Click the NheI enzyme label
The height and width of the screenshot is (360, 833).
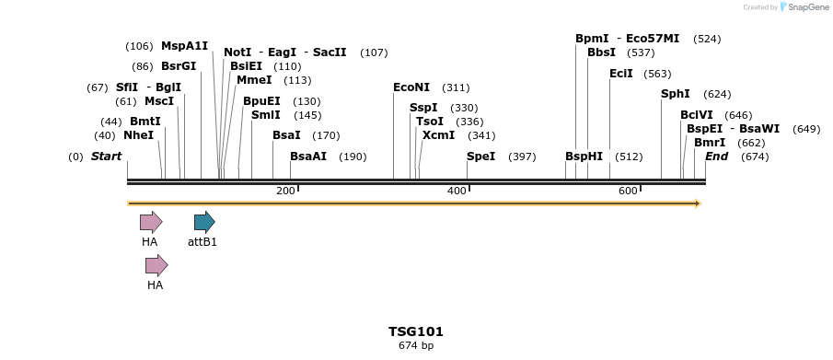click(x=138, y=135)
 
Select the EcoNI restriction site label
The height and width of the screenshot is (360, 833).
click(x=411, y=87)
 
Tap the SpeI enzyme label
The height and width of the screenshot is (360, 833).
click(x=480, y=157)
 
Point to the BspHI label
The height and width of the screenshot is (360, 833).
click(x=584, y=157)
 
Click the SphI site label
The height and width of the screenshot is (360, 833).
click(x=676, y=94)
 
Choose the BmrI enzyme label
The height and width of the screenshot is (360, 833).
click(x=710, y=143)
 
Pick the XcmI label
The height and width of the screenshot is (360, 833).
click(x=438, y=135)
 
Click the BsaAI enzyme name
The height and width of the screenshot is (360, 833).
click(x=308, y=157)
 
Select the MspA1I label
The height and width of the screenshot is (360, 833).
click(x=184, y=46)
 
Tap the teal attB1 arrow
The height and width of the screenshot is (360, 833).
click(x=204, y=222)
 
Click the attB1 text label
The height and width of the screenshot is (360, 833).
click(x=202, y=242)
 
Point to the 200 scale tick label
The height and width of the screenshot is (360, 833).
click(x=285, y=191)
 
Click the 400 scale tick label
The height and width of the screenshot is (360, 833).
click(x=457, y=191)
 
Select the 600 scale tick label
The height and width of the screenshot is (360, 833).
click(x=628, y=191)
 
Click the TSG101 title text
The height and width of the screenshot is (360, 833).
click(x=416, y=331)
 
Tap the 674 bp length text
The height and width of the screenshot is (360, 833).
click(x=416, y=346)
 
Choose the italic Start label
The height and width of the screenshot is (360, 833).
click(x=106, y=157)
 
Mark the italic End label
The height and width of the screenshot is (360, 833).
click(x=716, y=157)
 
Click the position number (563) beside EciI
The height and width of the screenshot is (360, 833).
click(x=657, y=74)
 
